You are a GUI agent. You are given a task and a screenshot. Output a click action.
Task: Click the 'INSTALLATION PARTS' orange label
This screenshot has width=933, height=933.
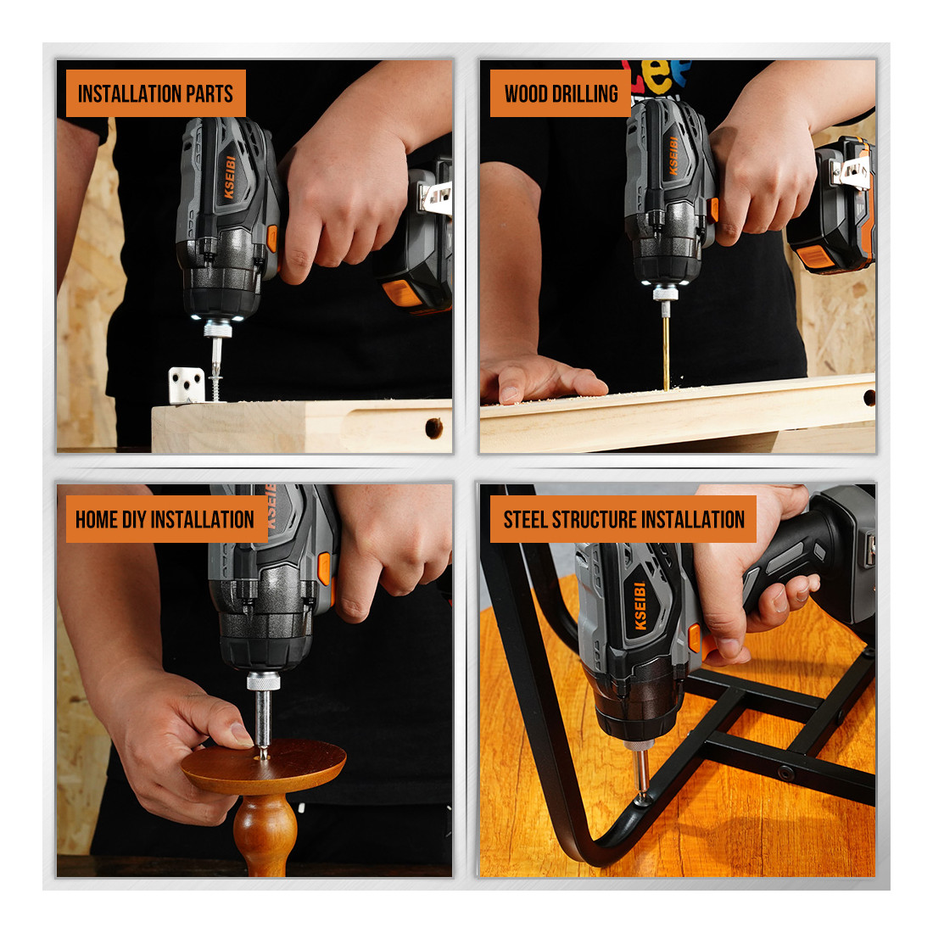tap(155, 93)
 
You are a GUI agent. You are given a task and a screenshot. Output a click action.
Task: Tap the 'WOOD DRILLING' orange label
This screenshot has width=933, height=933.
tap(560, 93)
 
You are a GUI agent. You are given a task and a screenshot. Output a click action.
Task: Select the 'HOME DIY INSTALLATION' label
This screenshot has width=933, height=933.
tap(166, 519)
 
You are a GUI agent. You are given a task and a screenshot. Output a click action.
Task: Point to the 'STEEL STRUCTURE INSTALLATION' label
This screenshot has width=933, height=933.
tap(623, 519)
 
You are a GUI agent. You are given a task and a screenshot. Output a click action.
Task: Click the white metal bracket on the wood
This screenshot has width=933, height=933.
tap(187, 385)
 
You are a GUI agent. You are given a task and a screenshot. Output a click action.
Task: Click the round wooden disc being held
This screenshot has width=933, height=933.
tap(264, 765)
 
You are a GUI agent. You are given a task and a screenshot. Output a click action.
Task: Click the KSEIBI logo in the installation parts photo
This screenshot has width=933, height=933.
tap(229, 177)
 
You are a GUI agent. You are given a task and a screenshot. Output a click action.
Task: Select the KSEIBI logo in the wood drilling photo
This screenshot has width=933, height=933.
tap(673, 155)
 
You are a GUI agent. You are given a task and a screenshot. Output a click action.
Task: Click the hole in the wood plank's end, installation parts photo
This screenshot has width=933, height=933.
tap(433, 427)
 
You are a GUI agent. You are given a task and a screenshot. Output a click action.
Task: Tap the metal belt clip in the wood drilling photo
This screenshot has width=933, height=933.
tap(852, 172)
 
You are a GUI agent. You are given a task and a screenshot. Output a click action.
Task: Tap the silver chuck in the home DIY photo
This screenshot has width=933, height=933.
tap(263, 681)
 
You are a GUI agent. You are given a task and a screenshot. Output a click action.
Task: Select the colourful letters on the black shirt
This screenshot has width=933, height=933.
tap(656, 75)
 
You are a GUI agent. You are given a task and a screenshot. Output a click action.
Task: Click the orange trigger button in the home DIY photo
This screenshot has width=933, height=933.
tap(324, 568)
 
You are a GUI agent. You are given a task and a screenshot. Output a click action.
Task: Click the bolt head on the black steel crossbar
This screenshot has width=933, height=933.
tap(785, 774)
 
